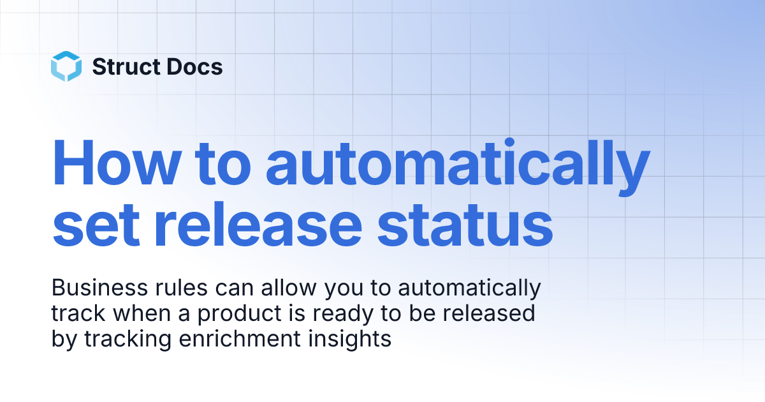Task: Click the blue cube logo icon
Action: point(66,66)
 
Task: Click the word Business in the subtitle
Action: point(93,288)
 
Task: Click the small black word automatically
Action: point(469,290)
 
